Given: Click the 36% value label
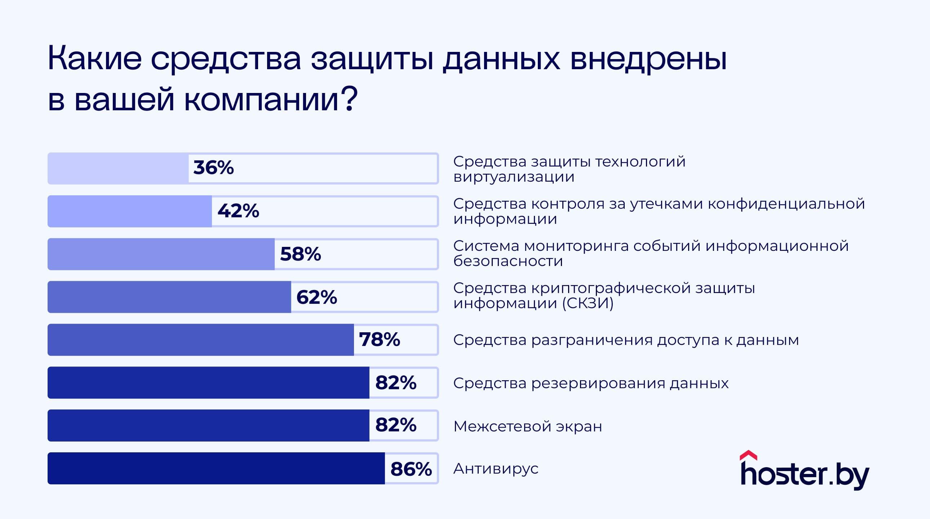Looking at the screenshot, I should [213, 168].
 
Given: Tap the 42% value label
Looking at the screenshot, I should [238, 211].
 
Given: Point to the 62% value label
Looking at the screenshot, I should [316, 297].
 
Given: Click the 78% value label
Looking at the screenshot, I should [380, 340].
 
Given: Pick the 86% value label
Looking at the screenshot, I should [411, 469].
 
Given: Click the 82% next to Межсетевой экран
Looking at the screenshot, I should [396, 425].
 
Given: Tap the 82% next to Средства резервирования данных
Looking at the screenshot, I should [396, 382].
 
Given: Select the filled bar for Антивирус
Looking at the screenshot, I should [216, 468].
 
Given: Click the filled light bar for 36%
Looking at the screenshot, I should [118, 168].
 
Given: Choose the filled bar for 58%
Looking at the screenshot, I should [161, 254].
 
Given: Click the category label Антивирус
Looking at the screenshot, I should [496, 469].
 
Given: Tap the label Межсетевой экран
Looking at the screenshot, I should [527, 426].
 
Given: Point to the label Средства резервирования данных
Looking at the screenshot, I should [591, 383].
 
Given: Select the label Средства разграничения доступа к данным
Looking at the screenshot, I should [626, 340].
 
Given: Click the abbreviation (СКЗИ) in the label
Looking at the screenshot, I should [588, 303].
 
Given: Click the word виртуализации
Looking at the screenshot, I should [513, 177].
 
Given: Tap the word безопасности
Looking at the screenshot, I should [508, 261].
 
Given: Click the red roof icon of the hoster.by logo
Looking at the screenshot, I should [748, 456].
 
